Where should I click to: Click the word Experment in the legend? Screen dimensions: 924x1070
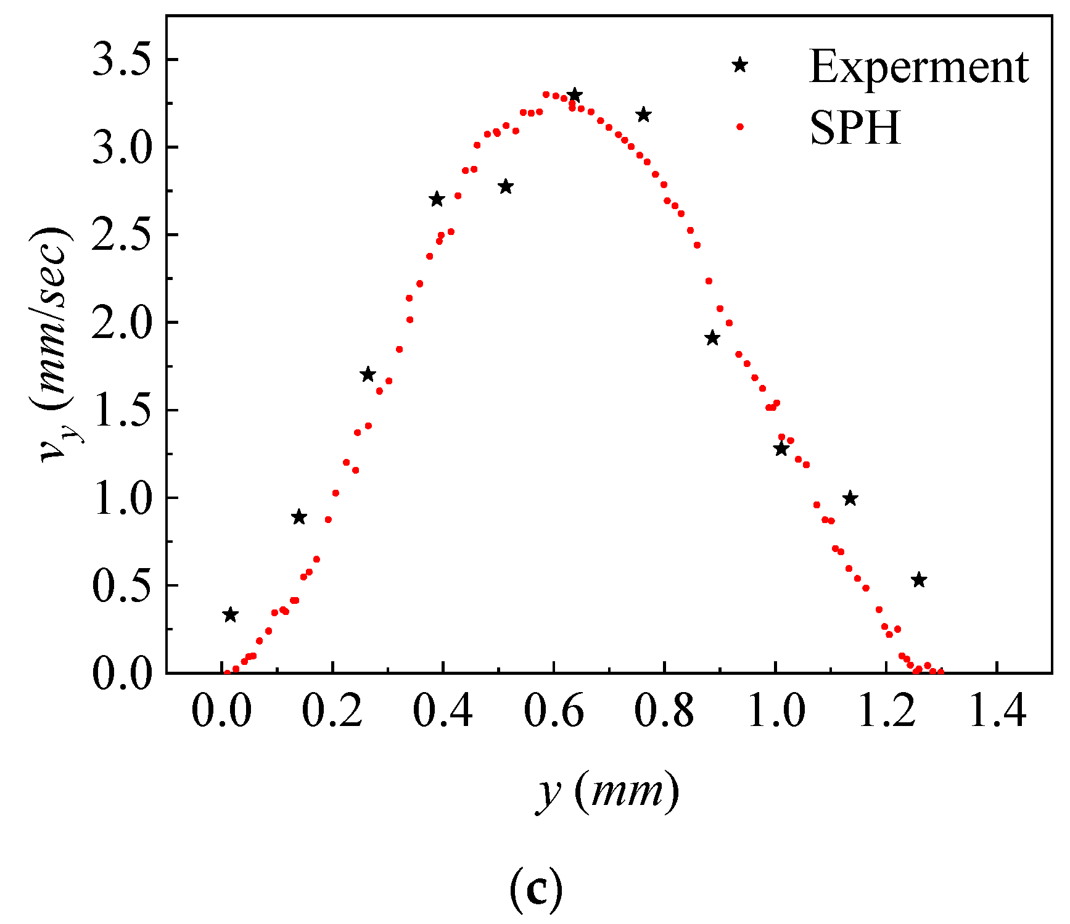pyautogui.click(x=918, y=67)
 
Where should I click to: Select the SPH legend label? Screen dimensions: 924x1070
pyautogui.click(x=855, y=128)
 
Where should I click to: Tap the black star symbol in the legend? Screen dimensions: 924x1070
pyautogui.click(x=740, y=65)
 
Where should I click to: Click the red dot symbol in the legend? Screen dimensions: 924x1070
pyautogui.click(x=740, y=127)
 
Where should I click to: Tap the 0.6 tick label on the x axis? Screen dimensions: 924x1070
pyautogui.click(x=554, y=711)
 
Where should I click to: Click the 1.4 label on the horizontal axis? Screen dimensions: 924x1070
pyautogui.click(x=997, y=711)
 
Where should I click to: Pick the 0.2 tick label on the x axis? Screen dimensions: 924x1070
pyautogui.click(x=332, y=711)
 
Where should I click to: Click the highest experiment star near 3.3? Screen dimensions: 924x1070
pyautogui.click(x=575, y=95)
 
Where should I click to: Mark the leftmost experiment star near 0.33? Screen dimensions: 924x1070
pyautogui.click(x=230, y=614)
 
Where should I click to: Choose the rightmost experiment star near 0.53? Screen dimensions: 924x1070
pyautogui.click(x=919, y=580)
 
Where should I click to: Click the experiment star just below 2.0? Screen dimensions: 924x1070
pyautogui.click(x=712, y=338)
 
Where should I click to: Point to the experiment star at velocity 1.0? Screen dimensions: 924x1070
pyautogui.click(x=850, y=498)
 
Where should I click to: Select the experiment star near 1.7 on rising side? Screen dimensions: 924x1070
pyautogui.click(x=368, y=374)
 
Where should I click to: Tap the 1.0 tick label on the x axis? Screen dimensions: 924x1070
pyautogui.click(x=776, y=711)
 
